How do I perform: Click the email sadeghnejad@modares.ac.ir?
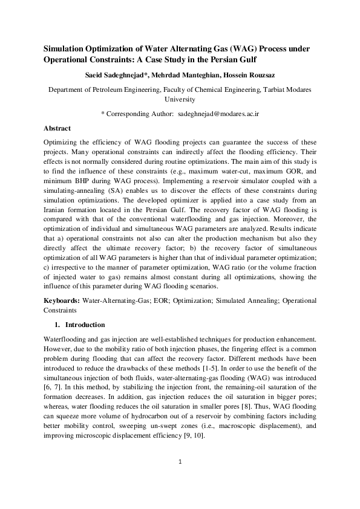click(x=219, y=113)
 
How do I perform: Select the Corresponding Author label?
click(x=139, y=113)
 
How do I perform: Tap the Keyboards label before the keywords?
click(x=63, y=300)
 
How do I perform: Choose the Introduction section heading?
click(x=85, y=325)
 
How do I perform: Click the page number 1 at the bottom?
click(x=180, y=479)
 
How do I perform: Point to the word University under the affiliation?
click(x=180, y=99)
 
